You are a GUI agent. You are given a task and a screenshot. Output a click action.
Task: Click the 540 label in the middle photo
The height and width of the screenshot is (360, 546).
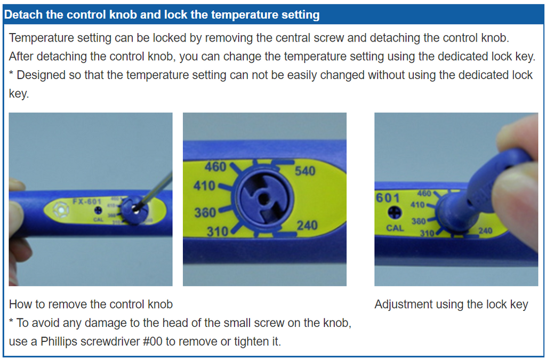tap(305, 171)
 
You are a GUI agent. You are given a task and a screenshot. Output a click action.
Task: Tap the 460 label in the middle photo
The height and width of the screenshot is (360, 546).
tap(215, 167)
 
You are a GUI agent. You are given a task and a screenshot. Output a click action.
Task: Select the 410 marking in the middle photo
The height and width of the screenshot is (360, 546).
tap(204, 186)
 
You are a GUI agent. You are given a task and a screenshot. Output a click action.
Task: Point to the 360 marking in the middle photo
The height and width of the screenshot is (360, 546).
tap(205, 212)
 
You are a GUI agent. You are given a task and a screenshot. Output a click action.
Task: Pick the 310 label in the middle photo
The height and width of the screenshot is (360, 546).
tap(218, 231)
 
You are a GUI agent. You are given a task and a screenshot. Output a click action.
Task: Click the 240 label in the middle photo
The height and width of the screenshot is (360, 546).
tap(307, 226)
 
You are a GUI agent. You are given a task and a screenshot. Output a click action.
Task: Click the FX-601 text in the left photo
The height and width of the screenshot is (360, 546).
tap(87, 202)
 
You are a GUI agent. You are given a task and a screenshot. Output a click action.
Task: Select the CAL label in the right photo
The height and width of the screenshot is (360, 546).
tap(395, 228)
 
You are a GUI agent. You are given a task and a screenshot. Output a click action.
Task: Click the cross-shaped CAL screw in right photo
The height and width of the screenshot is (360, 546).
tap(394, 212)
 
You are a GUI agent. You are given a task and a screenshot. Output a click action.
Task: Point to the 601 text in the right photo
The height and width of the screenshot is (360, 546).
tap(388, 198)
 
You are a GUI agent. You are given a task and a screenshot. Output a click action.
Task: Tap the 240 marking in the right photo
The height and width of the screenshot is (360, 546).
tap(485, 230)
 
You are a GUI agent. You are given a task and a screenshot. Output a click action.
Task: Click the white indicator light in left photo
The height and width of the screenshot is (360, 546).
tap(61, 210)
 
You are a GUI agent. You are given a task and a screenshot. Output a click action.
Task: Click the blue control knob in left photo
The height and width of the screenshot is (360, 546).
tap(135, 210)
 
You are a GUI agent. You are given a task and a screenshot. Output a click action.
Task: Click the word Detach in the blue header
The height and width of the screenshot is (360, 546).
tap(23, 14)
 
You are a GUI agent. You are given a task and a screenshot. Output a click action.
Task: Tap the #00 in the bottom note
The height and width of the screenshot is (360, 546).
tap(152, 341)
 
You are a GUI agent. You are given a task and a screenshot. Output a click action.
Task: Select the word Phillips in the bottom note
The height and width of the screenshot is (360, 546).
tap(59, 341)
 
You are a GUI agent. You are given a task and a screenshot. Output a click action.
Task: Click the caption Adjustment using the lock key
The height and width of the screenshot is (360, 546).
tap(451, 305)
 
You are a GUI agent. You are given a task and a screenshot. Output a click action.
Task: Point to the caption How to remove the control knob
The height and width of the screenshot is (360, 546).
tap(91, 305)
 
